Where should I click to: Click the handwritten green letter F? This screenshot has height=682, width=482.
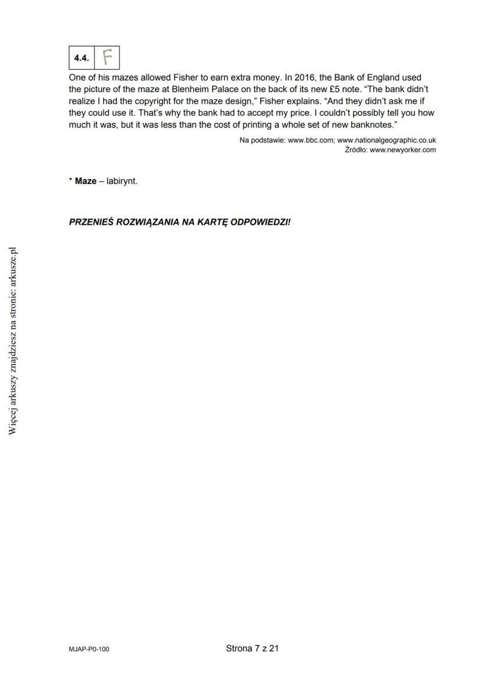[107, 57]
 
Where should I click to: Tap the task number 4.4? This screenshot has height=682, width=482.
[81, 58]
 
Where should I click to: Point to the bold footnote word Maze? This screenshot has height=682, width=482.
[86, 181]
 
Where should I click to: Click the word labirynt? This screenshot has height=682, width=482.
[122, 181]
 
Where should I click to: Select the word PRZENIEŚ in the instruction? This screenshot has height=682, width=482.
[91, 222]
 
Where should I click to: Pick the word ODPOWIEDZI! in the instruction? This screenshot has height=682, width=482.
[260, 222]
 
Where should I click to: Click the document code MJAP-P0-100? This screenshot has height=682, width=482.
[88, 649]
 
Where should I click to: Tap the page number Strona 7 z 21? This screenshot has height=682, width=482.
[252, 648]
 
